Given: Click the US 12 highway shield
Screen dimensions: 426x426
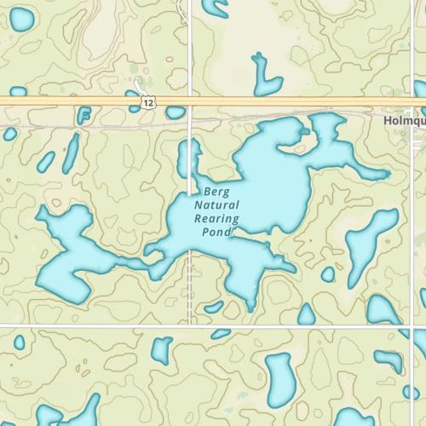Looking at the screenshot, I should click(148, 102).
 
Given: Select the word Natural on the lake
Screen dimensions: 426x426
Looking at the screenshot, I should click(216, 205).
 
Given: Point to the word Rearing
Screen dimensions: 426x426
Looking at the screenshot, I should click(216, 218).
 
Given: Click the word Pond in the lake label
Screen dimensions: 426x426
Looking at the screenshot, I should click(216, 231).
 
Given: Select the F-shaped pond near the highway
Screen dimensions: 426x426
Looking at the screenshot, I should click(83, 115).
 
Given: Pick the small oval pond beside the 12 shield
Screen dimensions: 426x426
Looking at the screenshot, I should click(176, 112).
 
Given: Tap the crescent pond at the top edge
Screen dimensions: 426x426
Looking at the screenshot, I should click(219, 9).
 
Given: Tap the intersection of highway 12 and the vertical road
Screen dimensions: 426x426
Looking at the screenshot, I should click(189, 101).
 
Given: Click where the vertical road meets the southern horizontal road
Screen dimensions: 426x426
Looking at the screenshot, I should click(189, 325).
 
